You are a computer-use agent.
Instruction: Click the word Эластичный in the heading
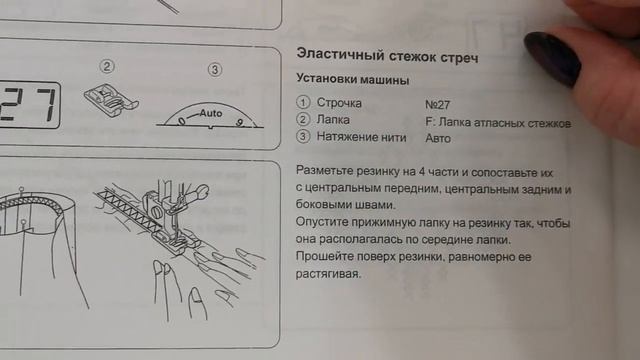click(x=340, y=54)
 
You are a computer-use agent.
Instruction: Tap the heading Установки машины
click(x=353, y=79)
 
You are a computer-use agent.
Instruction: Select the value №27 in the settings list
click(x=437, y=104)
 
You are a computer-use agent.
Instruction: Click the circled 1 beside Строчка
click(x=303, y=102)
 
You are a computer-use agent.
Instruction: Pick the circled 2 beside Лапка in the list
click(x=303, y=119)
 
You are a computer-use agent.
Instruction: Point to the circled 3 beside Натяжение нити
click(x=303, y=136)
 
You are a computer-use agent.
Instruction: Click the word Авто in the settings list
click(x=438, y=138)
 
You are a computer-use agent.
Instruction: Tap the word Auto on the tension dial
click(x=211, y=113)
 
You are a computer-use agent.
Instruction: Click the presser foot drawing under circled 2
click(x=111, y=100)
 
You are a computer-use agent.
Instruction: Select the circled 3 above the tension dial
click(x=215, y=70)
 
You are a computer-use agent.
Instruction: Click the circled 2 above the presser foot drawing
click(x=107, y=66)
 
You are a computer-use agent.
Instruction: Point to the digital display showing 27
click(x=29, y=105)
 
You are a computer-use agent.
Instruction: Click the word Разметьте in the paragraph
click(x=324, y=170)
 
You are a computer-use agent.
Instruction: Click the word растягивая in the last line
click(x=328, y=273)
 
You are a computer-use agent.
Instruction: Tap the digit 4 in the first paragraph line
click(x=422, y=171)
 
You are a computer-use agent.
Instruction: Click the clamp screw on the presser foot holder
click(x=157, y=212)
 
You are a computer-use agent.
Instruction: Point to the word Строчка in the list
click(x=339, y=103)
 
